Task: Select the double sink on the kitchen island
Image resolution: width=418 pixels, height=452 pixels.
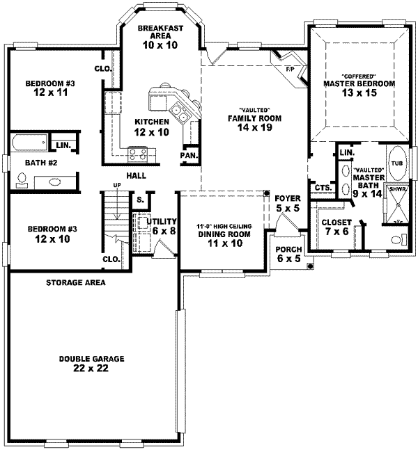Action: click(180, 111)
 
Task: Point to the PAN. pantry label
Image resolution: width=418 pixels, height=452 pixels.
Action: click(188, 155)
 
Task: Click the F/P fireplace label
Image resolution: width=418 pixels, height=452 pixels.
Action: click(290, 68)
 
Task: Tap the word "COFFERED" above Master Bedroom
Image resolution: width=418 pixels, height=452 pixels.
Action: click(358, 75)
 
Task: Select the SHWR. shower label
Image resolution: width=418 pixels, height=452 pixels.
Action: click(398, 188)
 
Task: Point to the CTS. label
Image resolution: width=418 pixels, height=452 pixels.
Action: click(322, 188)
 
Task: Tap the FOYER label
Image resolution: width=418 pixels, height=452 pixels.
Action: click(287, 198)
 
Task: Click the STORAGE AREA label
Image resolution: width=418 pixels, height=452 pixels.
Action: click(76, 283)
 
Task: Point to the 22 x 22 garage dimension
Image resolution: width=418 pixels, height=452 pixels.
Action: click(91, 369)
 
